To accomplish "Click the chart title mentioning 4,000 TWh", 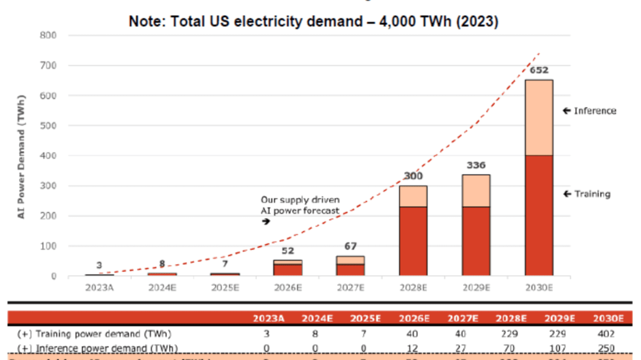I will [313, 22].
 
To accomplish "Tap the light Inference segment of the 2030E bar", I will [539, 117].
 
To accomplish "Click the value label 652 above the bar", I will [539, 70].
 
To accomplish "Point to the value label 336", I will [476, 165].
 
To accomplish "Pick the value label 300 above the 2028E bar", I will [413, 176].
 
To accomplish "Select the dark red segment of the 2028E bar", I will [413, 241].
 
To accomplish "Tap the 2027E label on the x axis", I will [350, 287].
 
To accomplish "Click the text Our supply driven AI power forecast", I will [300, 205].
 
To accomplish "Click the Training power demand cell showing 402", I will [606, 334].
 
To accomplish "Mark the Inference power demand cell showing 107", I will [558, 349].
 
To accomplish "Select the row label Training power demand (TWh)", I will [94, 334].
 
